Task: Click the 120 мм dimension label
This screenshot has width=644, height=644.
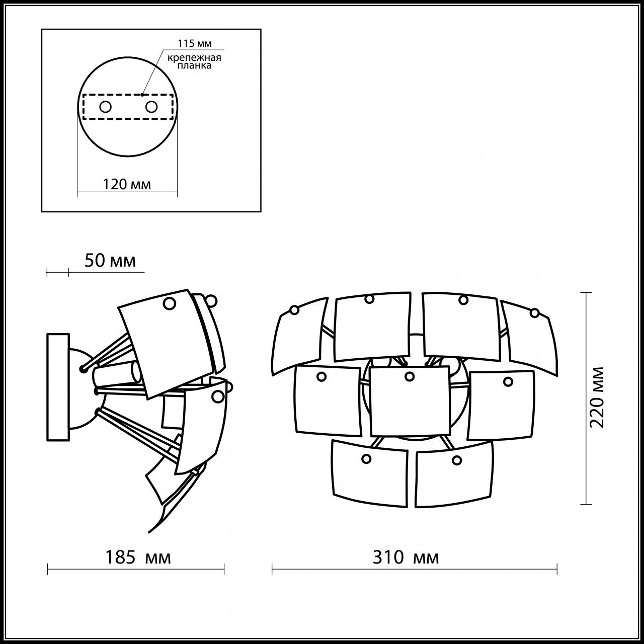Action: point(127,184)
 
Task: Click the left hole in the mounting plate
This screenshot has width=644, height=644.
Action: point(105,107)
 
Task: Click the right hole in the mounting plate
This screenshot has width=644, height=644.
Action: point(151,107)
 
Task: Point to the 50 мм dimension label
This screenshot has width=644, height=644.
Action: point(110,261)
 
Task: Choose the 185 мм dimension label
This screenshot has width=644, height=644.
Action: point(137,557)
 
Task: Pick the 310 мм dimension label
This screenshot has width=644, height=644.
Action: point(406,557)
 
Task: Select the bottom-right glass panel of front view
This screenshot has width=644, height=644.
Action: point(453,475)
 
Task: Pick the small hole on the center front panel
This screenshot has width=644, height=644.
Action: point(409,376)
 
